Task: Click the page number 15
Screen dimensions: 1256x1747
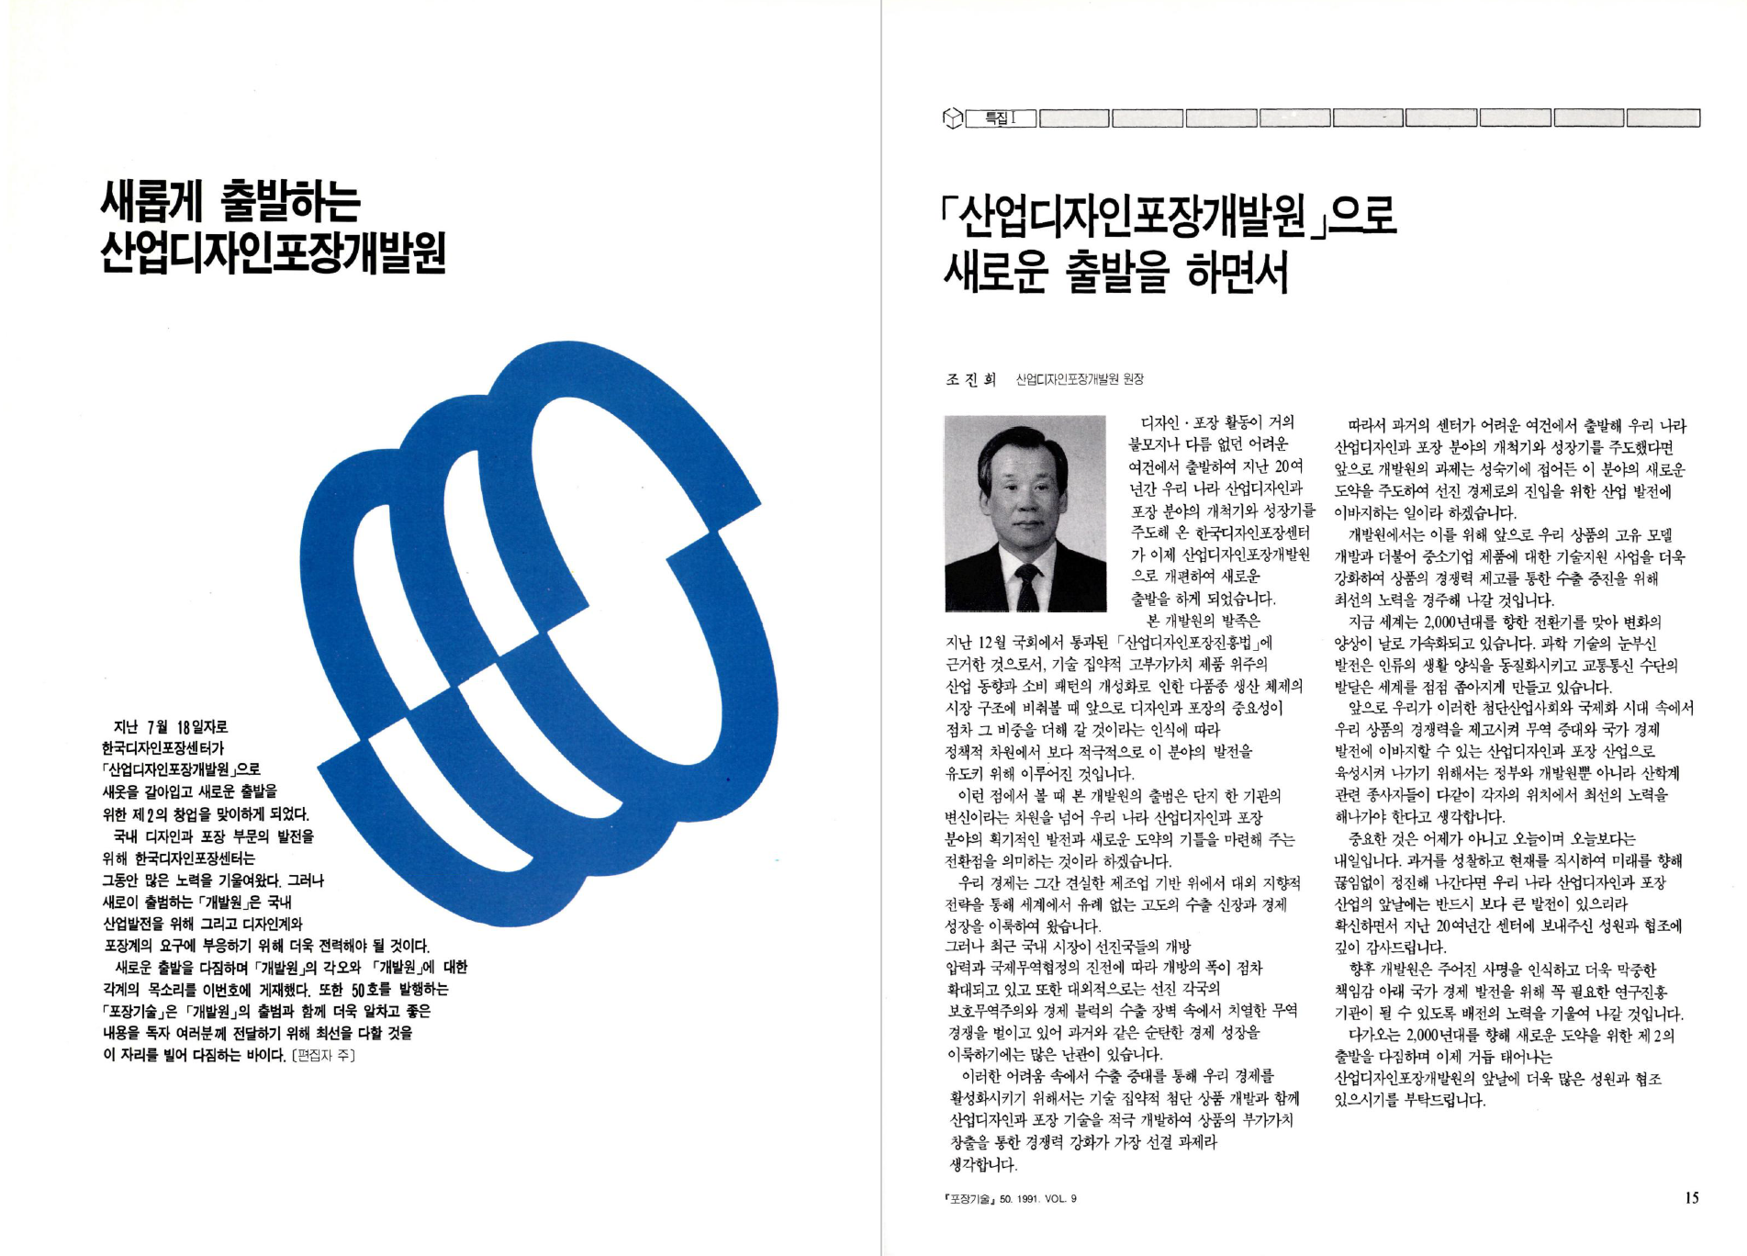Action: (x=1691, y=1197)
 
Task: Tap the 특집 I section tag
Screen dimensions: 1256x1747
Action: (x=1001, y=118)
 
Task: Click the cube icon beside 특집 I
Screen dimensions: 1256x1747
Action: (x=953, y=118)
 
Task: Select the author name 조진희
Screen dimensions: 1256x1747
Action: (x=971, y=379)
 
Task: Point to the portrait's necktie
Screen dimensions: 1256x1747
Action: (x=1027, y=587)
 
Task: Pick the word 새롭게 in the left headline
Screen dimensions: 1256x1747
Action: (x=152, y=202)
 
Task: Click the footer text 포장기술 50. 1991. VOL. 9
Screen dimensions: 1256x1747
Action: (x=1011, y=1199)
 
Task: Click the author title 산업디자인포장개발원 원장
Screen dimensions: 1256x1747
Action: (x=1080, y=379)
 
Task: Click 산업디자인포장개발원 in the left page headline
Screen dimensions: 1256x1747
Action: (x=274, y=252)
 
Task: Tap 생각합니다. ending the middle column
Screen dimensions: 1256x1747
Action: (x=983, y=1165)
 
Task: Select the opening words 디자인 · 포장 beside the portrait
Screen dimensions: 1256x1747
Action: (x=1183, y=422)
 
